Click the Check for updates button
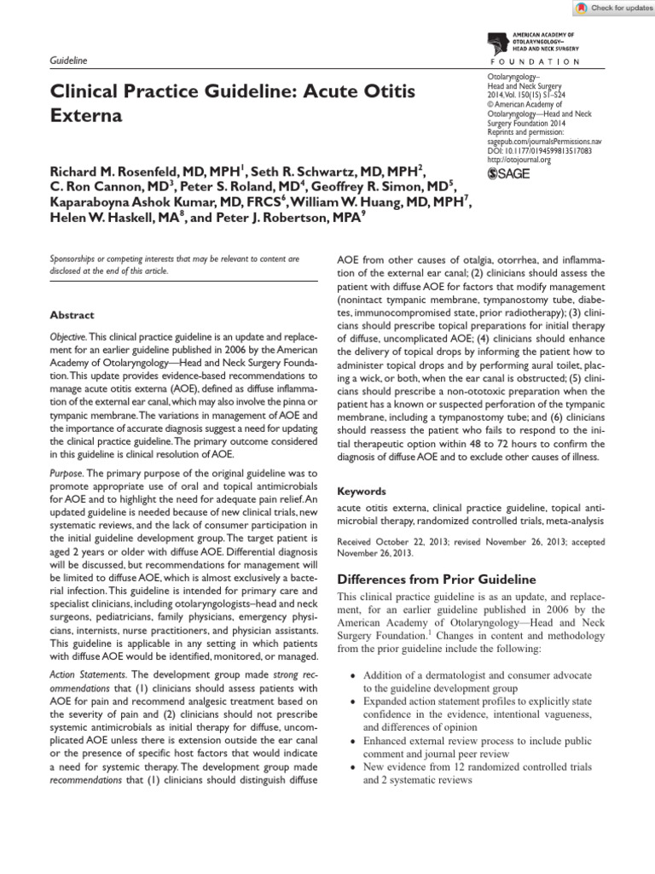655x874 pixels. click(608, 8)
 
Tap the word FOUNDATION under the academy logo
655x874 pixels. click(536, 62)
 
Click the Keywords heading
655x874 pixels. click(362, 492)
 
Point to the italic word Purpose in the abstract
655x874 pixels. click(67, 473)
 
